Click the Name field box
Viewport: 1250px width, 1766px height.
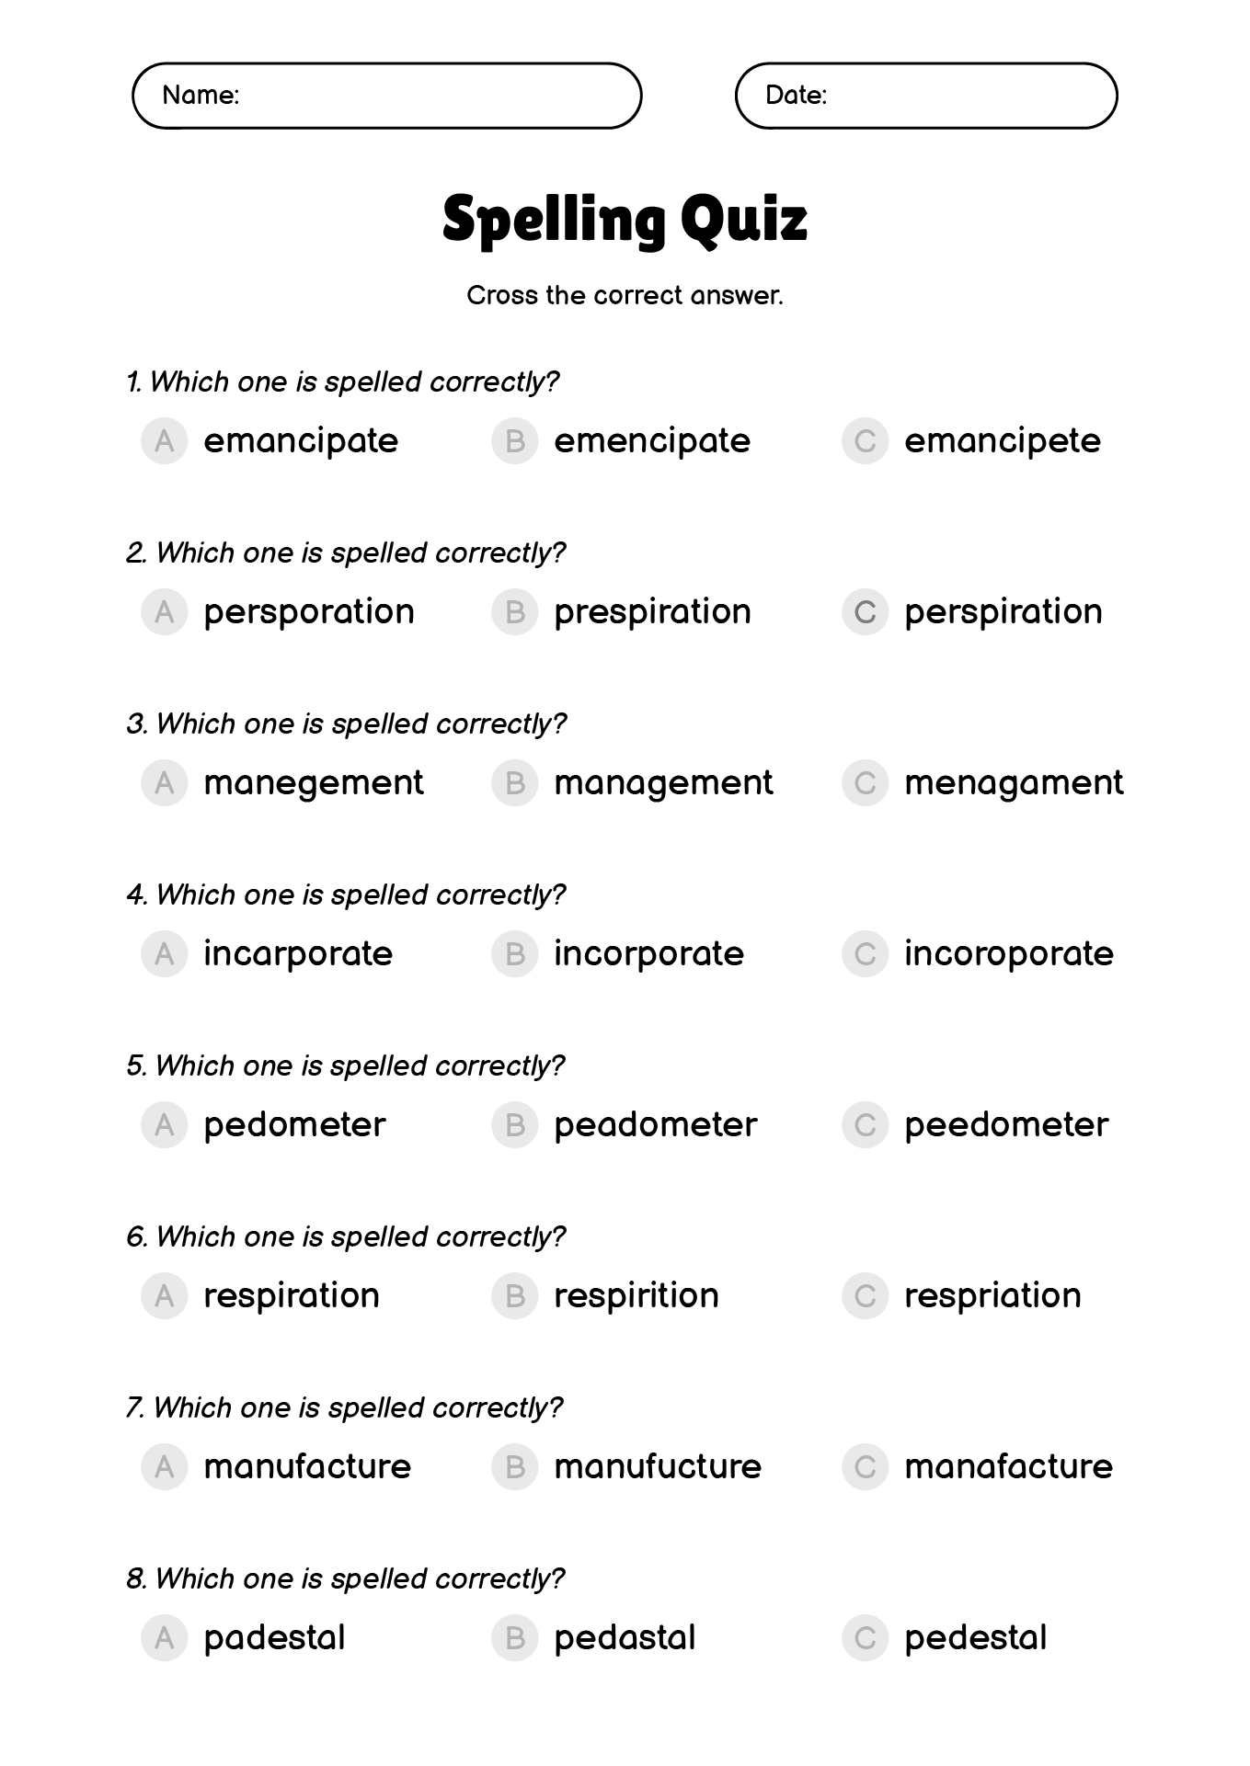tap(386, 96)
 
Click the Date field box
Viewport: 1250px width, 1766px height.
tap(925, 96)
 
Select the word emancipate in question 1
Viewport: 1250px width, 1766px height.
tap(301, 441)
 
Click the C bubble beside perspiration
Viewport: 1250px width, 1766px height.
tap(865, 612)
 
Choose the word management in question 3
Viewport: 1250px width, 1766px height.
tap(663, 783)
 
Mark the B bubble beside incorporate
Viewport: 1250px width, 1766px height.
tap(514, 954)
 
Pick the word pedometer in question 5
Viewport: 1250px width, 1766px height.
tap(294, 1125)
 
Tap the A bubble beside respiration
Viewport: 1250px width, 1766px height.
tap(165, 1296)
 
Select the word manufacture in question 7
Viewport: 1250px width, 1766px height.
tap(307, 1467)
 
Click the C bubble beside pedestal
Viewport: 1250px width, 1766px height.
tap(865, 1638)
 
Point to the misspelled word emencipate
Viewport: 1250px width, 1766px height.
tap(652, 441)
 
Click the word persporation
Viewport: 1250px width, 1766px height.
tap(309, 612)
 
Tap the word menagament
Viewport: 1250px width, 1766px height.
tap(1014, 783)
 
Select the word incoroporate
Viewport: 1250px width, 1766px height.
tap(1009, 954)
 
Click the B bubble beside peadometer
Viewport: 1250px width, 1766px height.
tap(514, 1125)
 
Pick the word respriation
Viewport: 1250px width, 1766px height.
tap(992, 1296)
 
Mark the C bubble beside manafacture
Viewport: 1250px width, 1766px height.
tap(865, 1467)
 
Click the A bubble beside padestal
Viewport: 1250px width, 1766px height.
tap(165, 1638)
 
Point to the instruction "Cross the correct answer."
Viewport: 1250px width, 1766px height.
tap(625, 296)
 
